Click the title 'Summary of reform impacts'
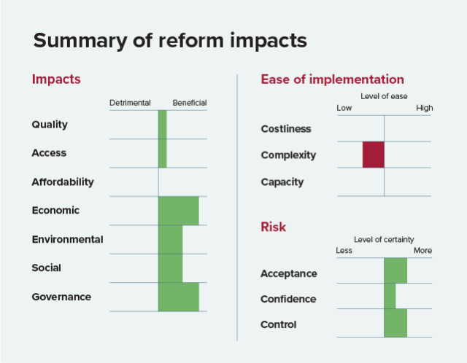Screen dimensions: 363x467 point(169,41)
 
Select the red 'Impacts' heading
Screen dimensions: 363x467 point(56,79)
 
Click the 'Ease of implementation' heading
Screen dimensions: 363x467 point(332,79)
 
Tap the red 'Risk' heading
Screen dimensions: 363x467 point(273,227)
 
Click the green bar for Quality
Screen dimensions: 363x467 point(162,125)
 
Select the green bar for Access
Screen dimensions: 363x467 point(162,153)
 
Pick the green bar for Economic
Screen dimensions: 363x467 point(178,211)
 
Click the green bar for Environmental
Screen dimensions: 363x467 point(170,239)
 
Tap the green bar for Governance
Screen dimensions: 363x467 point(178,297)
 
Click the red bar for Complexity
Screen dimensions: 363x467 point(373,155)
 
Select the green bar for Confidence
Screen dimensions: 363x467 point(390,296)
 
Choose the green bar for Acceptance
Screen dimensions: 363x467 point(395,270)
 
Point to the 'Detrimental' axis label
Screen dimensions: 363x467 point(130,103)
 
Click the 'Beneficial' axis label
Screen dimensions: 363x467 point(190,103)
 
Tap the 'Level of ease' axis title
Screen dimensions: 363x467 point(384,96)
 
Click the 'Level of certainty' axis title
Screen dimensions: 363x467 point(384,239)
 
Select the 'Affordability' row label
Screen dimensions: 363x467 point(63,181)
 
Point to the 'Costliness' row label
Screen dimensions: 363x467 point(286,129)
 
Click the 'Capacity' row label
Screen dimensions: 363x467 point(282,181)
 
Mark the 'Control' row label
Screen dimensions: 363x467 point(279,324)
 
